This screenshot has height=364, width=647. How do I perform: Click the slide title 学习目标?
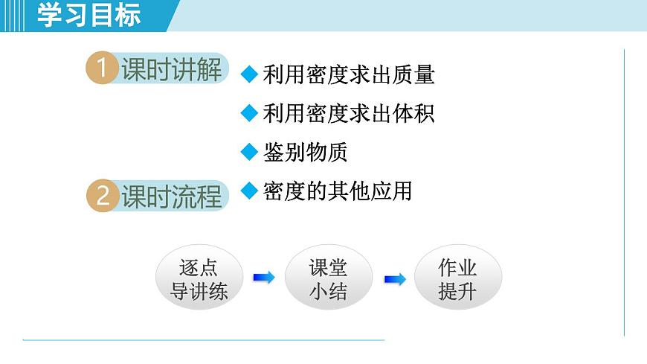(x=88, y=15)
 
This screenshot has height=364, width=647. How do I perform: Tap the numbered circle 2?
(x=103, y=197)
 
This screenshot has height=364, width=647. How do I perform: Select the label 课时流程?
(x=171, y=197)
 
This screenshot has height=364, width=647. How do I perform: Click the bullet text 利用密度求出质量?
(x=348, y=74)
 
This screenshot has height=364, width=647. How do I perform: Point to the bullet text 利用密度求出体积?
(x=348, y=113)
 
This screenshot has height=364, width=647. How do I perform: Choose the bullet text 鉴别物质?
(x=305, y=153)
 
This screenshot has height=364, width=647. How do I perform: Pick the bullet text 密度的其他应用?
(x=337, y=191)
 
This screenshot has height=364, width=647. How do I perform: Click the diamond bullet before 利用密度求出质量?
(x=249, y=74)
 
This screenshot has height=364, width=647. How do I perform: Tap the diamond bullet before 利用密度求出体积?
(x=249, y=113)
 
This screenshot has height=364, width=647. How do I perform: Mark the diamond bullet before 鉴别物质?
(x=249, y=153)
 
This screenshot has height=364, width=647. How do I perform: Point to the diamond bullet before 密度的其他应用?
(x=249, y=191)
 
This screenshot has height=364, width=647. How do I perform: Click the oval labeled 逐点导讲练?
(x=199, y=278)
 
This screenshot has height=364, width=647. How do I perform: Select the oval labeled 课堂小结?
(x=328, y=278)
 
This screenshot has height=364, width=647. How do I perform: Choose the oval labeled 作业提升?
(x=457, y=278)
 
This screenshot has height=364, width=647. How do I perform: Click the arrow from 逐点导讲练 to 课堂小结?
(x=263, y=278)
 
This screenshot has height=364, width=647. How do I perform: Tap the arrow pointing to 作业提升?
(x=394, y=279)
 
